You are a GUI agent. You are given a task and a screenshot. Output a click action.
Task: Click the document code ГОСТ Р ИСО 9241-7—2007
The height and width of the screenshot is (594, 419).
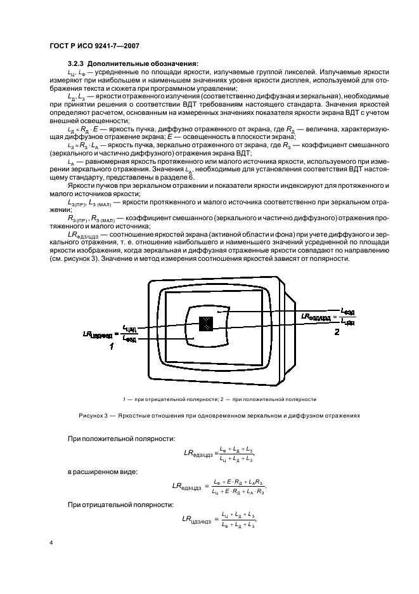tap(94, 46)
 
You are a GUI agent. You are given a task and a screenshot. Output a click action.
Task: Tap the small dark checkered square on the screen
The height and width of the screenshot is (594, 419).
tap(205, 324)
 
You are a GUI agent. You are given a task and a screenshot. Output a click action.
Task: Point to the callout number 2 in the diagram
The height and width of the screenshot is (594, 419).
tap(337, 331)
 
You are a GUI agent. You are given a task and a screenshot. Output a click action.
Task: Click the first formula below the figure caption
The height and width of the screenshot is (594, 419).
tap(219, 453)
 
